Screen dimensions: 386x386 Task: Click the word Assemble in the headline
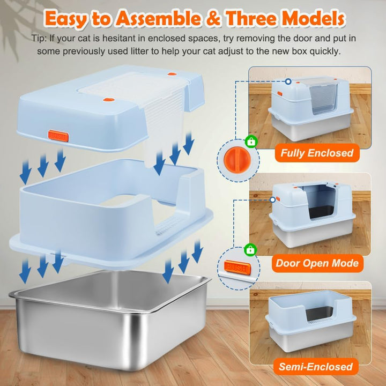point(158,18)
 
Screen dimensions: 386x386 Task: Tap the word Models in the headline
point(313,18)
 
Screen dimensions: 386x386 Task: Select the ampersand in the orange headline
point(213,18)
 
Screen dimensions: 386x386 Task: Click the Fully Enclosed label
point(317,153)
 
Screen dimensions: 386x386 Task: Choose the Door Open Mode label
point(317,263)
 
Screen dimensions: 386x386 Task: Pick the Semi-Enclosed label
point(316,367)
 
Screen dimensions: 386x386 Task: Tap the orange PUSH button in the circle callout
point(237,268)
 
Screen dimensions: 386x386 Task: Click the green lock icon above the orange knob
point(251,142)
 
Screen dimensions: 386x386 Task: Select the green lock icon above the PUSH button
point(250,250)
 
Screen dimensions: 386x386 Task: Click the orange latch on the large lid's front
point(58,136)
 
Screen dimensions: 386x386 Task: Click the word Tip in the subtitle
point(38,39)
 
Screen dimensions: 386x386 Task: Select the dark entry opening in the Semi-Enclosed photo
point(319,314)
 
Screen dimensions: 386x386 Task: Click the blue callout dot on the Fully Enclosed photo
point(288,81)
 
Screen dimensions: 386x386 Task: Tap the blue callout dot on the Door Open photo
point(272,199)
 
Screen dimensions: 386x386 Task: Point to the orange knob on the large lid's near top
point(108,100)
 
